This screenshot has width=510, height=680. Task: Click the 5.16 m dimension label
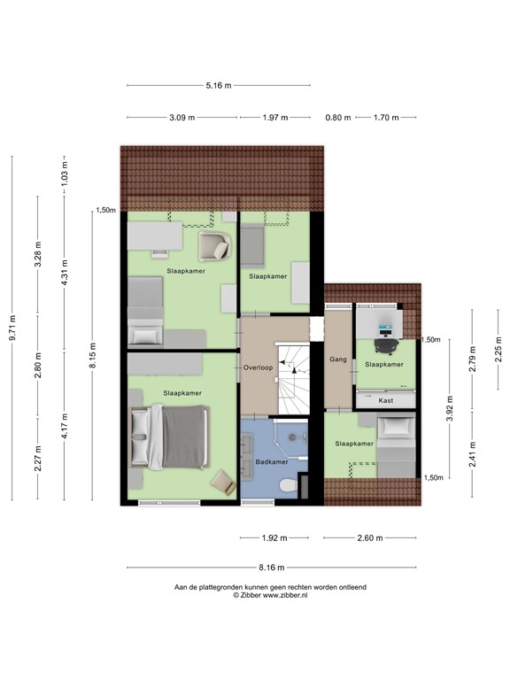[x=218, y=86]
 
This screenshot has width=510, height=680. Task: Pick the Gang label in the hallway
[x=337, y=360]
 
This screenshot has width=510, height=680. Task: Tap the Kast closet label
[x=385, y=400]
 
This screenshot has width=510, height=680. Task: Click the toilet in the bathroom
[x=287, y=487]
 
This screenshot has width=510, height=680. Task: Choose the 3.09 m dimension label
[x=182, y=117]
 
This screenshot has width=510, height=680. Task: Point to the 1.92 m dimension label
[x=273, y=537]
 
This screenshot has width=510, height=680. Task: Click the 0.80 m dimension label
[x=337, y=117]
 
